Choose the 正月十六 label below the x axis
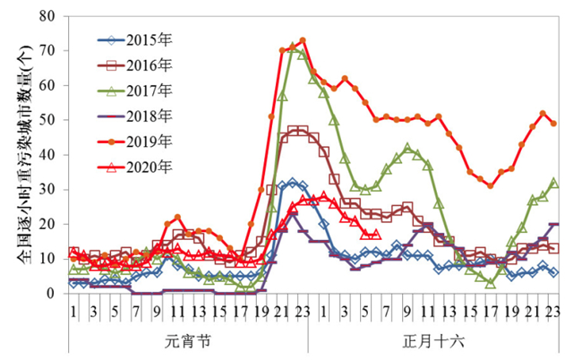(x=431, y=341)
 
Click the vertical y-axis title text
(x=23, y=154)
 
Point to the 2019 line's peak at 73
(x=303, y=40)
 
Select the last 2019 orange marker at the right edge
(x=554, y=124)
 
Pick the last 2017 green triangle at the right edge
(x=554, y=183)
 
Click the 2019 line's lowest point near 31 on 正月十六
(x=491, y=185)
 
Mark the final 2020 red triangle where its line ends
(x=376, y=235)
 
